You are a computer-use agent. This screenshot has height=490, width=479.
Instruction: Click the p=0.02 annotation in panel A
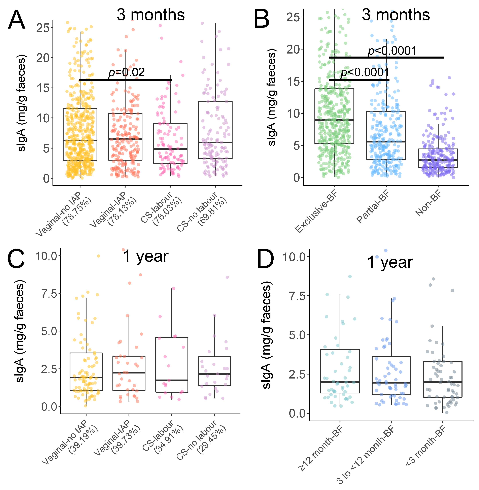tap(127, 72)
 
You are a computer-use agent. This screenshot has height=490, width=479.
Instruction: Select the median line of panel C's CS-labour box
tap(172, 380)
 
